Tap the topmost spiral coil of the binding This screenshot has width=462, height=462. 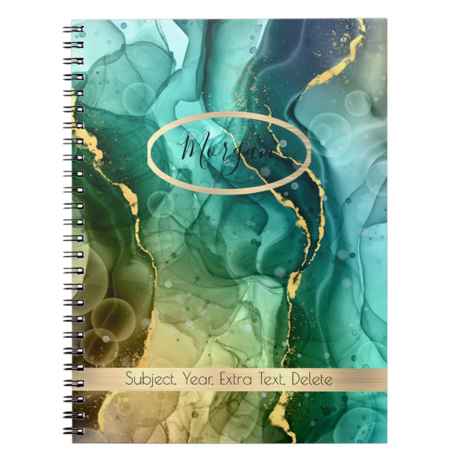click(x=73, y=30)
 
